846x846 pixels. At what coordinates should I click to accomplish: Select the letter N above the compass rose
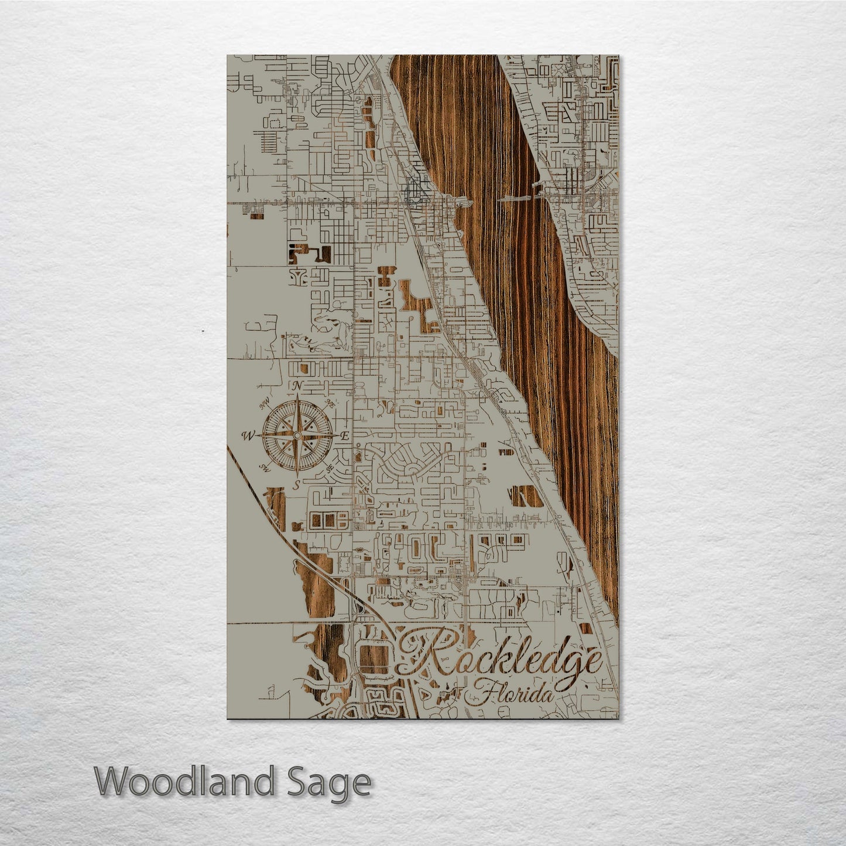[297, 386]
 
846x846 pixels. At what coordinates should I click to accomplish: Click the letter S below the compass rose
[297, 484]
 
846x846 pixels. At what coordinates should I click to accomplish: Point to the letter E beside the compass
[345, 436]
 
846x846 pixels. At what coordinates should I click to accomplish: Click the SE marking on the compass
[330, 468]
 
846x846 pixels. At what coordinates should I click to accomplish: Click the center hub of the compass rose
[297, 436]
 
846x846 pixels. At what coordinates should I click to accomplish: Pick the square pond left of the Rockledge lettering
[374, 659]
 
